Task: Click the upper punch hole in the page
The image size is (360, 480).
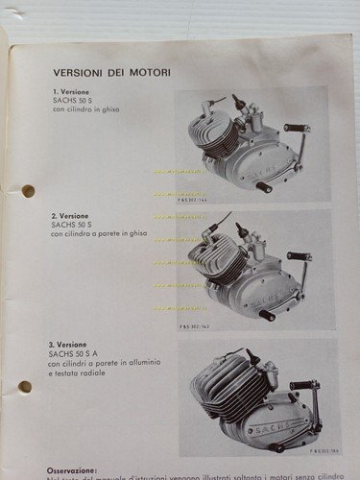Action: [28, 190]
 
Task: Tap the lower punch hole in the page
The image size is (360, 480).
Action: [25, 387]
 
